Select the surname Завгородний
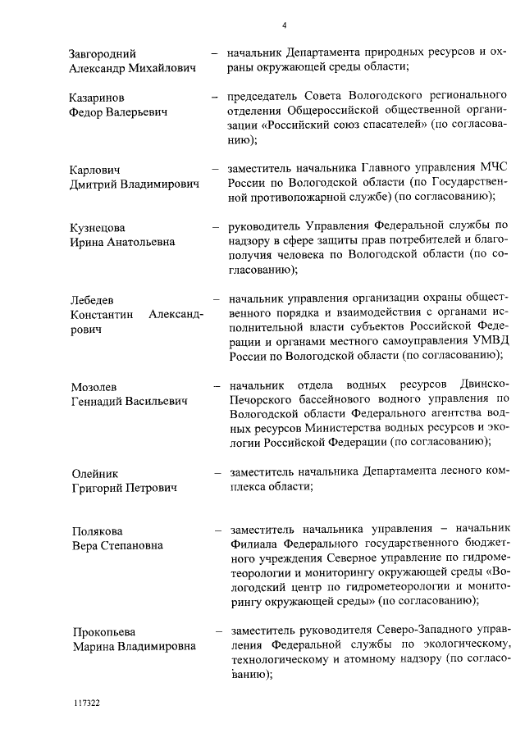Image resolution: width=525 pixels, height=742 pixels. pos(103,54)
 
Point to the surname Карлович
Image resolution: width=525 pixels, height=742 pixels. pos(96,170)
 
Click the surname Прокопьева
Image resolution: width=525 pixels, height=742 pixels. pos(103,632)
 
